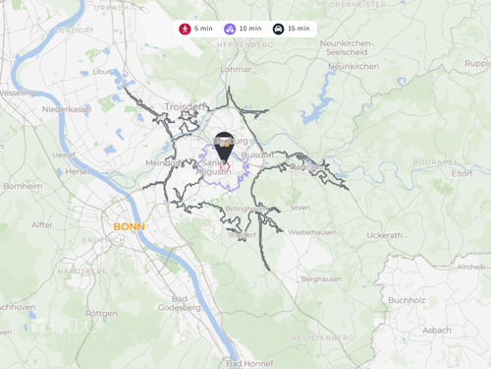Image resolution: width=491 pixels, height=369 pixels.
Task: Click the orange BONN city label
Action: click(x=129, y=226)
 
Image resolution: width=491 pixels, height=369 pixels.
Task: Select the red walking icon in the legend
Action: click(x=185, y=29)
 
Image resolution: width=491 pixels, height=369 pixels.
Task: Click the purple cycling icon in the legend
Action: click(x=229, y=29)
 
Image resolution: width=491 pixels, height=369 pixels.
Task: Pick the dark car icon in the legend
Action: click(x=278, y=29)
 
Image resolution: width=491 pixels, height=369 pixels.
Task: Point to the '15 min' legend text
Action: click(x=299, y=29)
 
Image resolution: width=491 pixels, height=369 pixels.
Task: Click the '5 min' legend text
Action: click(x=203, y=29)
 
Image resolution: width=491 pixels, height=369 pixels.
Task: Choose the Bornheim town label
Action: click(x=21, y=185)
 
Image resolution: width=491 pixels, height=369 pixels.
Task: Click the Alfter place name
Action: click(x=42, y=224)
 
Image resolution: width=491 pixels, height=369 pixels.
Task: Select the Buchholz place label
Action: click(x=406, y=299)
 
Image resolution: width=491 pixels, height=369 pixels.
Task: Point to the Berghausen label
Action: click(x=321, y=278)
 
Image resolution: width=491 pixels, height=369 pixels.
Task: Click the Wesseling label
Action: click(x=17, y=92)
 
